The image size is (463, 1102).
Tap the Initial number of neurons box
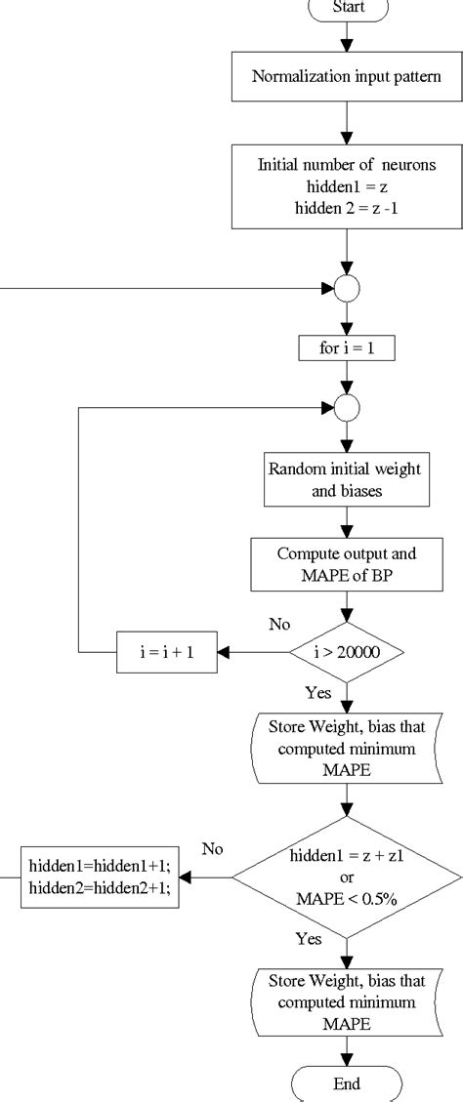347,185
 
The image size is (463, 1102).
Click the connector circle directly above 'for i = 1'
347,289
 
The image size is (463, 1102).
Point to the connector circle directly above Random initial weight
347,407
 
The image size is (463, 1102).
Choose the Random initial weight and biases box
347,480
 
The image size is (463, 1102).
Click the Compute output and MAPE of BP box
347,562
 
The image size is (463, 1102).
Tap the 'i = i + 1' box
166,653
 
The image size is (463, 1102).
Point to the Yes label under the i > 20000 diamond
318,692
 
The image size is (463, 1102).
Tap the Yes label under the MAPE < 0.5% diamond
307,939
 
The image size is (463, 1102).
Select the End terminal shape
347,1083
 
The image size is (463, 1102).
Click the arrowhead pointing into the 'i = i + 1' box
223,653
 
